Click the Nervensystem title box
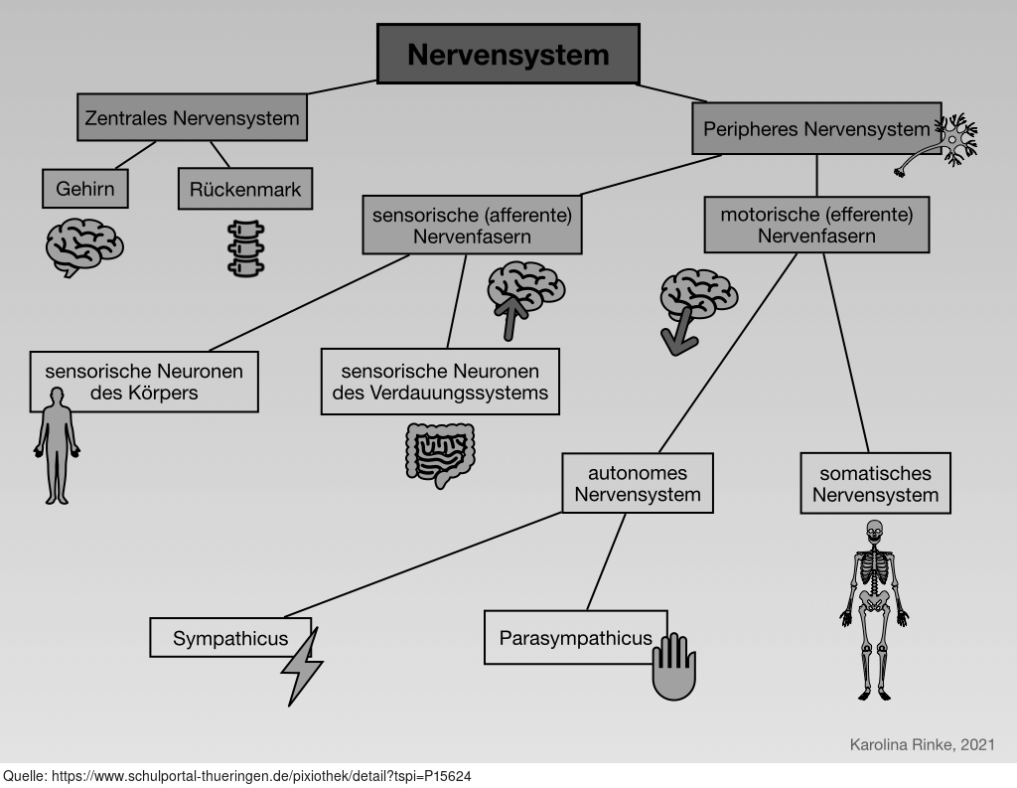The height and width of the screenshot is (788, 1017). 508,54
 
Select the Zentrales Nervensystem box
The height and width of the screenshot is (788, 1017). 192,118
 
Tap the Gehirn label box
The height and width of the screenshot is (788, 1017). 85,189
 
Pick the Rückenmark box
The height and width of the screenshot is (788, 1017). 245,189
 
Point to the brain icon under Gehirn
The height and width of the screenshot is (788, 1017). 84,247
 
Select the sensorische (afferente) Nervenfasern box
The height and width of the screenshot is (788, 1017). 472,225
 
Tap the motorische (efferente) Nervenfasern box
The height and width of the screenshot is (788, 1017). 816,224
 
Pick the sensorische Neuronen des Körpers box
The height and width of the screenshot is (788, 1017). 144,381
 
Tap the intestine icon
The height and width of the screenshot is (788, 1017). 438,455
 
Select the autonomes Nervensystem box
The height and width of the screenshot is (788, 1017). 638,483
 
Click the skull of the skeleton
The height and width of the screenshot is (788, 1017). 874,532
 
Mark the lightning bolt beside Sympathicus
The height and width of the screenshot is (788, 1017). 302,665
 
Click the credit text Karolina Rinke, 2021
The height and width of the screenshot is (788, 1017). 922,743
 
